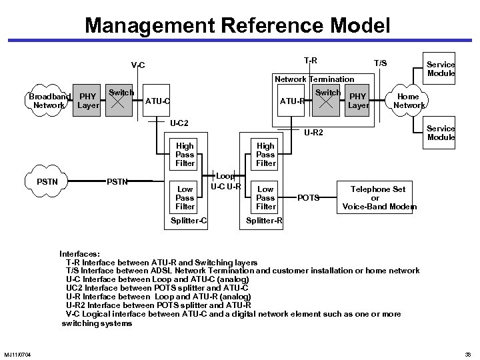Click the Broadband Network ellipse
[x=49, y=101]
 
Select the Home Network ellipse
[x=409, y=101]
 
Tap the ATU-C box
[x=157, y=101]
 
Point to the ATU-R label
[x=293, y=101]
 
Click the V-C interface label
[x=138, y=65]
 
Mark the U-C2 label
[x=179, y=123]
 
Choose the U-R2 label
[x=313, y=133]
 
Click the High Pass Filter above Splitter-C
[x=185, y=155]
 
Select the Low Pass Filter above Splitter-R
[x=265, y=198]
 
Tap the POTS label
[x=308, y=198]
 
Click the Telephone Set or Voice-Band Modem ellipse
[x=379, y=198]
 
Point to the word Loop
[x=224, y=176]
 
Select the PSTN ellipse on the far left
[x=47, y=181]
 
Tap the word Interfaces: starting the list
[x=80, y=254]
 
